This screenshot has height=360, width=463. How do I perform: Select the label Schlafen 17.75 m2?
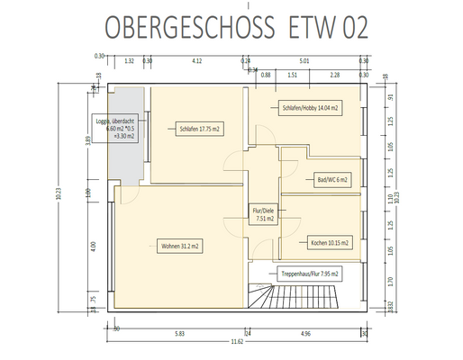click(x=200, y=130)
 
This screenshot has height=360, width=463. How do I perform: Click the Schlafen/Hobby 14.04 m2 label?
click(x=309, y=108)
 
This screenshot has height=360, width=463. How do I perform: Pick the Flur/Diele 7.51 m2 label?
click(x=264, y=213)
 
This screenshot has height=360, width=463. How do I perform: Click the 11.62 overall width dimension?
click(x=235, y=342)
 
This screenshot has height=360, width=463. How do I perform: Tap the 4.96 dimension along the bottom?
click(x=305, y=333)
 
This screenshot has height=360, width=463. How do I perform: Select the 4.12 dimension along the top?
click(x=197, y=61)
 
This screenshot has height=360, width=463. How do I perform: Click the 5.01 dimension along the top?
click(x=304, y=61)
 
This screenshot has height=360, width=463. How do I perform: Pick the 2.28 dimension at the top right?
click(x=334, y=76)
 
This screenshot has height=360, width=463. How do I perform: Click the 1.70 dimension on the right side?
click(x=389, y=281)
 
